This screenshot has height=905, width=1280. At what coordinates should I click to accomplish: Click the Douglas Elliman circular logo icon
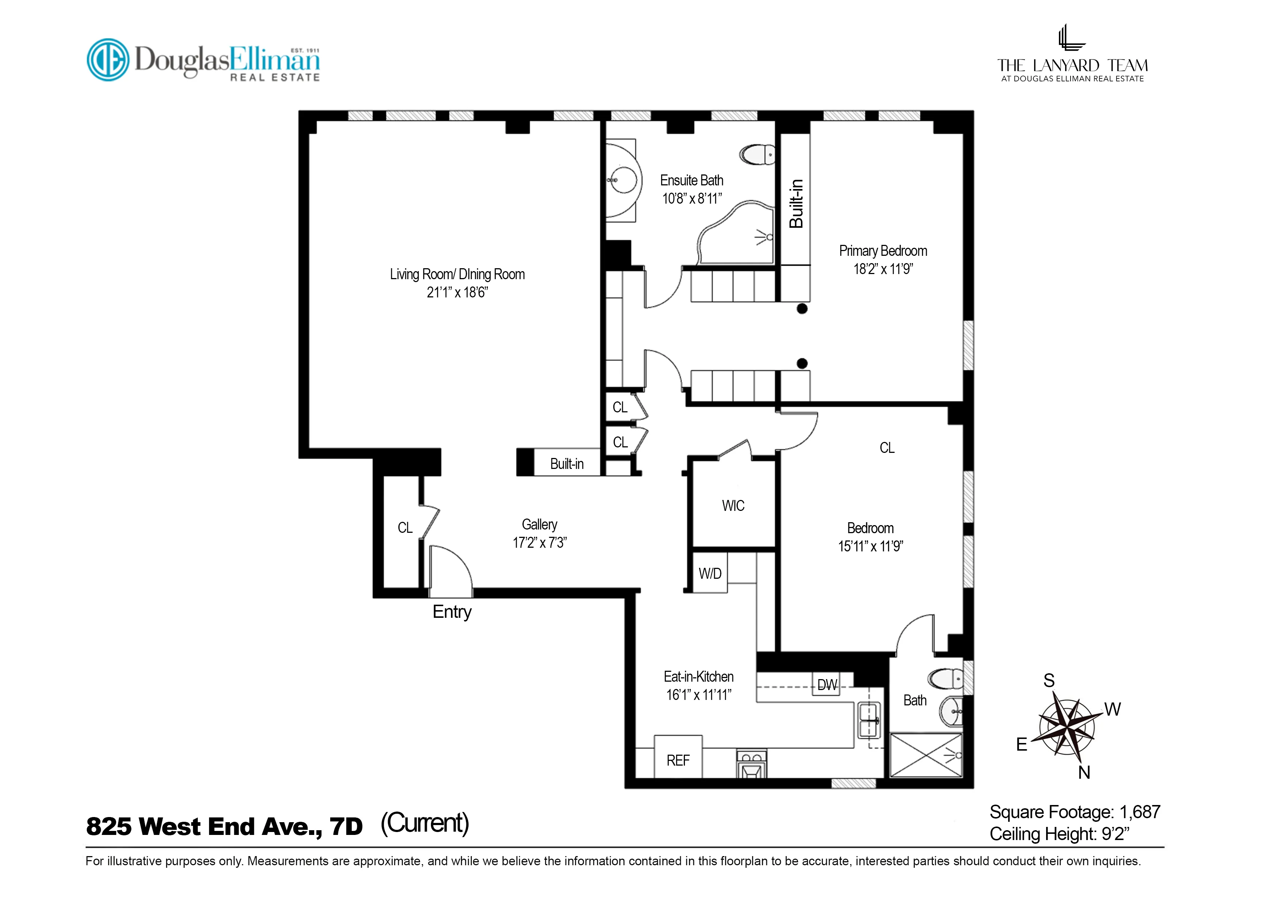point(108,59)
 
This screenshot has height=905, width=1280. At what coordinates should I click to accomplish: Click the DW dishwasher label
point(827,685)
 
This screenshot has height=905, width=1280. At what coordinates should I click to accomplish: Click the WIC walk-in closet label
point(733,506)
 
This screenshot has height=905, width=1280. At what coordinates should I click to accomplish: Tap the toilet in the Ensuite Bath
point(757,154)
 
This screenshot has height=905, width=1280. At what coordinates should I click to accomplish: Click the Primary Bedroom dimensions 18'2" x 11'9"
point(883,269)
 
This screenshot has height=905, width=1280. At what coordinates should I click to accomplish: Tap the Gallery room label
point(539,524)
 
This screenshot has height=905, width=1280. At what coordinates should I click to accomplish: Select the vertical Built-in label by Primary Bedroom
point(796,204)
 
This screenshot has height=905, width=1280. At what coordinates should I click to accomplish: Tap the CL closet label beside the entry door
point(405,528)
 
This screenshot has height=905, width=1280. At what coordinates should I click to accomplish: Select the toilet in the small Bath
point(946,679)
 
